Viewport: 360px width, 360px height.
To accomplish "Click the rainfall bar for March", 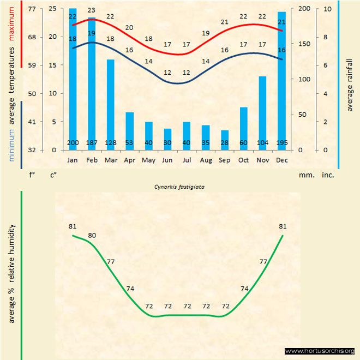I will (x=111, y=104).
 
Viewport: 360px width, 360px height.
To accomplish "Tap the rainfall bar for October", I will (x=244, y=128).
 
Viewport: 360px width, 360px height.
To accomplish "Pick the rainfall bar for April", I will (x=130, y=130).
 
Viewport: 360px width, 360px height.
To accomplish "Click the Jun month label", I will (x=167, y=160).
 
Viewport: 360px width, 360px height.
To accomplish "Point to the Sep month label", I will (x=225, y=160).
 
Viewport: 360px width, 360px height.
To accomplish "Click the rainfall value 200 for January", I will (x=73, y=143).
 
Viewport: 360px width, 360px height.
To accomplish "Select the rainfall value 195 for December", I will (x=281, y=143).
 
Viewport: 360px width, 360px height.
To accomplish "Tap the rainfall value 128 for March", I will (x=111, y=143).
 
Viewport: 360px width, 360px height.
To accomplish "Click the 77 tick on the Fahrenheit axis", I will (x=32, y=9).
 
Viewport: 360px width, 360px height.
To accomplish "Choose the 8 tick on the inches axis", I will (x=326, y=37).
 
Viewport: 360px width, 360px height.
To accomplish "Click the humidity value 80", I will (x=92, y=236).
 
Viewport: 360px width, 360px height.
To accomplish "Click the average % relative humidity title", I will (x=12, y=273).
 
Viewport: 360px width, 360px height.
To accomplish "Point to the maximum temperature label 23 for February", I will (x=92, y=10).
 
